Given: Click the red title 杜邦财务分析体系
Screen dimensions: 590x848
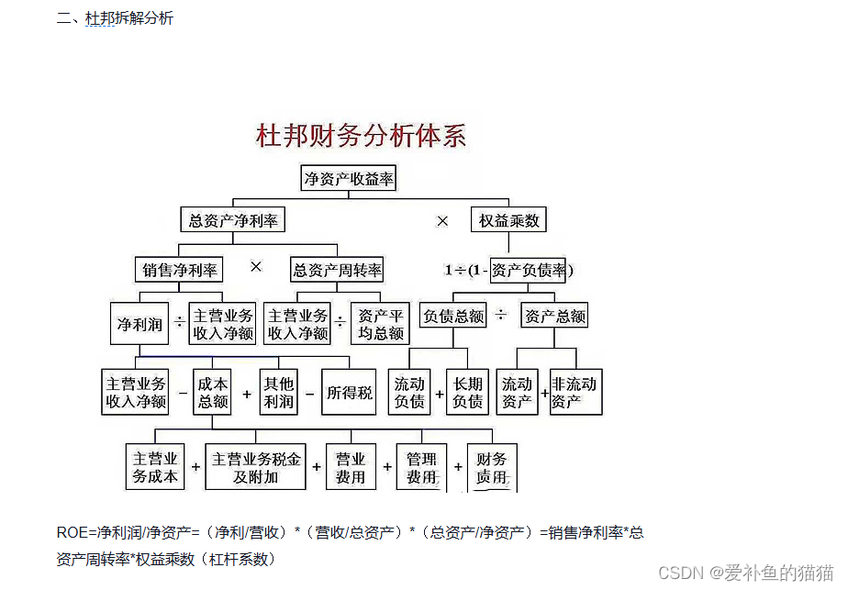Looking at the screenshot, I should [361, 137].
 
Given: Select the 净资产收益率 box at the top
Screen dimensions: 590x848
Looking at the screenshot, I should [349, 178].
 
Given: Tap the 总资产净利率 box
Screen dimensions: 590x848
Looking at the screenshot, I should [233, 220].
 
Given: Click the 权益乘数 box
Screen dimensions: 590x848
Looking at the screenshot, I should [509, 220].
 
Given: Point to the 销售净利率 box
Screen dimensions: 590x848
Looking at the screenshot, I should [179, 270].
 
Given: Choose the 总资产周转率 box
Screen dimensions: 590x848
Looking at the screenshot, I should [337, 270].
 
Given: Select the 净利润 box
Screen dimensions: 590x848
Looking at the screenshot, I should [139, 324].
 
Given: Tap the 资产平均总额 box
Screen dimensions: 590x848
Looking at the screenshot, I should [381, 324].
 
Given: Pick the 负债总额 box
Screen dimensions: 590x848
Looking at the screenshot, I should [452, 317].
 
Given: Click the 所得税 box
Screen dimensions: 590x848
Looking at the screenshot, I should [350, 393].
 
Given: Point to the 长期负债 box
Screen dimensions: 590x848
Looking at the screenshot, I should [468, 392].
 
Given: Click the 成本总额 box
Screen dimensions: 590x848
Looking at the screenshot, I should [212, 392].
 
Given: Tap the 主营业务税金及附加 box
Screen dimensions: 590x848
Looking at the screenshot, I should [256, 467].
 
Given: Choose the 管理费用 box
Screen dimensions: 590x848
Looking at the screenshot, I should [421, 467].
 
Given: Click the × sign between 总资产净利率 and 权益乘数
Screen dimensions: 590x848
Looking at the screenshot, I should [442, 221].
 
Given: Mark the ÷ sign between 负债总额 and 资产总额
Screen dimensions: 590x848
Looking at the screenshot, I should [500, 315].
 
